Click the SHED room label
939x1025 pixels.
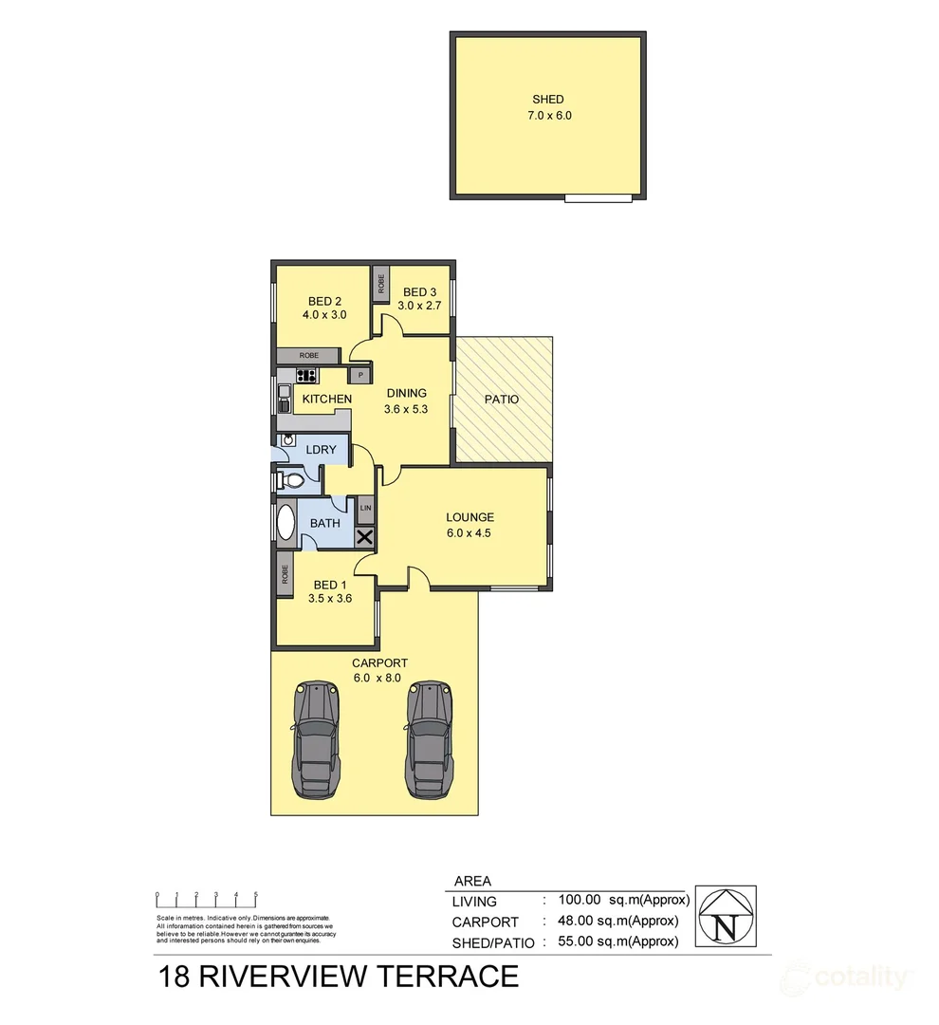point(547,100)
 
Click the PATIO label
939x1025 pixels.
point(502,400)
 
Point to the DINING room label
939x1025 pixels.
point(405,393)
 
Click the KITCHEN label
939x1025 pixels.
point(326,399)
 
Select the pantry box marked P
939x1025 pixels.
point(360,376)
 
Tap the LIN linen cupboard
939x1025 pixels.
point(364,511)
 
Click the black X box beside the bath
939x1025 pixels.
point(364,538)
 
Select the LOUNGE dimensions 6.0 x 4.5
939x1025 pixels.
point(470,532)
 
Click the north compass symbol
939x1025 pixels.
point(726,916)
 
